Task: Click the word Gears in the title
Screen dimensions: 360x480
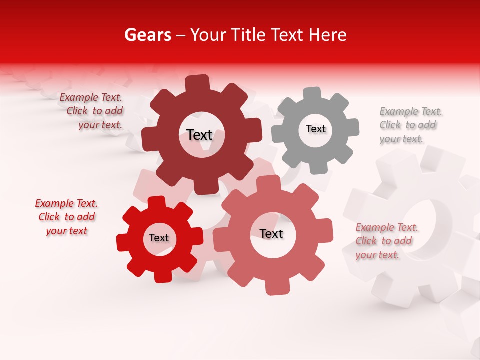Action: pyautogui.click(x=147, y=35)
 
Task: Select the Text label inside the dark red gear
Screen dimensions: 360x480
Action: pyautogui.click(x=199, y=135)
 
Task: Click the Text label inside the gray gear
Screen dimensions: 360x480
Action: pyautogui.click(x=315, y=129)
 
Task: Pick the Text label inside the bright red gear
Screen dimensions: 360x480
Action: pyautogui.click(x=159, y=238)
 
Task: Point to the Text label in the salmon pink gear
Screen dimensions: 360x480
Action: pyautogui.click(x=271, y=234)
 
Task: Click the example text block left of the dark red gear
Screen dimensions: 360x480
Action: pyautogui.click(x=92, y=111)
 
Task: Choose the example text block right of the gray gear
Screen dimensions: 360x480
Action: pyautogui.click(x=410, y=125)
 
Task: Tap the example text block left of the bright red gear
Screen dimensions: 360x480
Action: pyautogui.click(x=66, y=217)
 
